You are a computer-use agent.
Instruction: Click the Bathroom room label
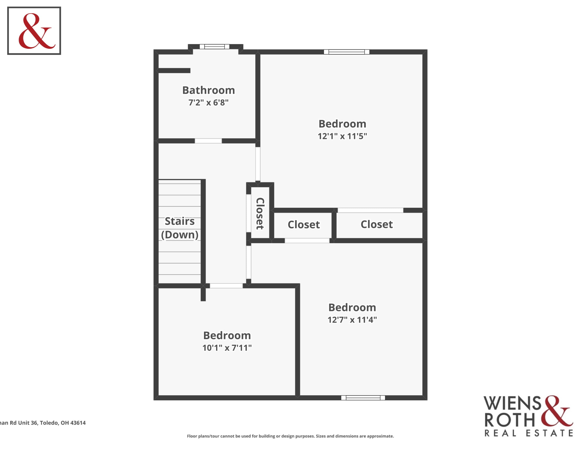point(209,90)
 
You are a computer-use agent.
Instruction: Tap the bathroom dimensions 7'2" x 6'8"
point(209,103)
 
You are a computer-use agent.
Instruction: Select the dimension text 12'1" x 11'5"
point(342,136)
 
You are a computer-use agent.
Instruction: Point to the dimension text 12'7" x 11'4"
point(352,320)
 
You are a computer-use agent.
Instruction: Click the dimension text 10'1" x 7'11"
point(227,348)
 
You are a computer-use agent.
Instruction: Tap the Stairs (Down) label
point(180,228)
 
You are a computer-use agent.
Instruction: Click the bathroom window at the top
point(214,47)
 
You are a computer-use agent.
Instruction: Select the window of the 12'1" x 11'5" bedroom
point(347,52)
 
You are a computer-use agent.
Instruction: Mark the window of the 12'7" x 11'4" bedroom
point(363,398)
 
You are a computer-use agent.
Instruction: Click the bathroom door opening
point(208,141)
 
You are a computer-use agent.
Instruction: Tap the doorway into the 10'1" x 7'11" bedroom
point(226,286)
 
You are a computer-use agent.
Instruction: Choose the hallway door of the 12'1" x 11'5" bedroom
point(258,164)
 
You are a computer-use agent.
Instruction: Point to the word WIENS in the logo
point(513,403)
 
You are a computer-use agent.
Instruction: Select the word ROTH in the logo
point(510,420)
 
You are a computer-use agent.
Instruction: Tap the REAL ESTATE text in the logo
point(529,433)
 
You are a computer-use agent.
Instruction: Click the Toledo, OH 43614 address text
point(63,423)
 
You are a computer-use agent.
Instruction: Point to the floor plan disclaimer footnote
point(290,436)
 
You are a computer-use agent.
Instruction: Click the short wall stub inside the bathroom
point(174,71)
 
